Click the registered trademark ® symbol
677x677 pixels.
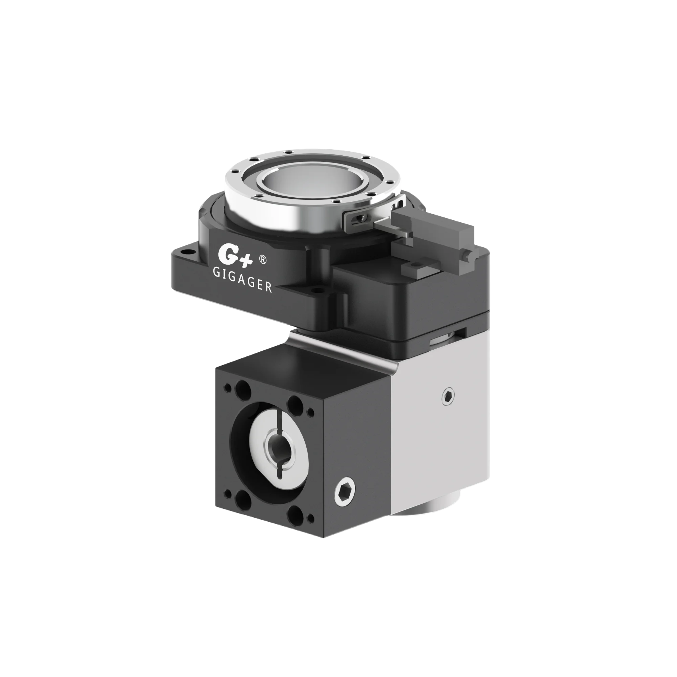[x=263, y=259]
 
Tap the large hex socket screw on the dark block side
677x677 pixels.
[x=345, y=493]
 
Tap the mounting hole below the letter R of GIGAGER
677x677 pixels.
[x=318, y=290]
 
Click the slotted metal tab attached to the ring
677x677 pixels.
[x=359, y=219]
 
